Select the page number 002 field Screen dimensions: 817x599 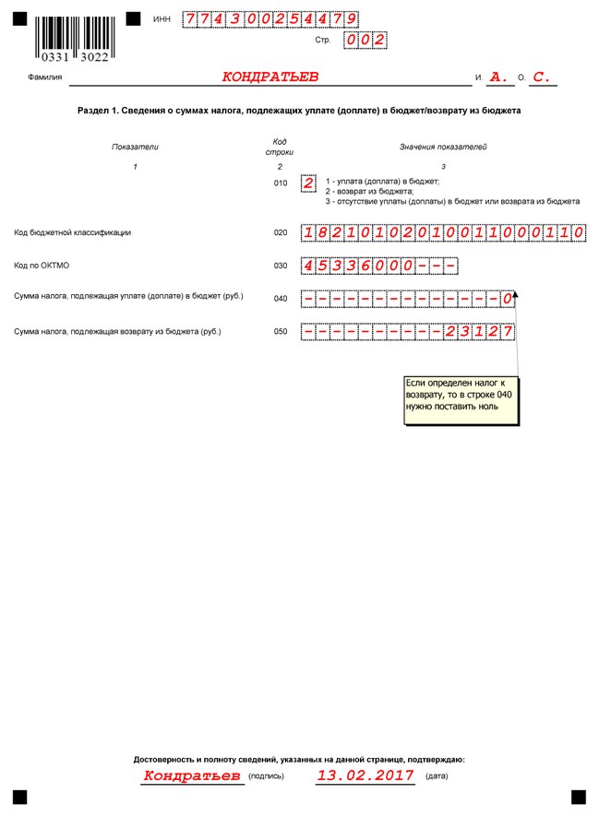(x=364, y=41)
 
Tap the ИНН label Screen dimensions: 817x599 (x=162, y=18)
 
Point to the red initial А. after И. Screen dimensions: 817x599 (x=499, y=77)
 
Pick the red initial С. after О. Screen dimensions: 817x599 (x=542, y=77)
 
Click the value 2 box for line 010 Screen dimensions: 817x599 (x=308, y=183)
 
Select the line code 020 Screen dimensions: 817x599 (x=281, y=233)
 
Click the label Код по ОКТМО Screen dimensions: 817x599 (x=42, y=266)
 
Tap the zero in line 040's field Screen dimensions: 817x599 (x=507, y=299)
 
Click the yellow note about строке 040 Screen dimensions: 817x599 (x=461, y=400)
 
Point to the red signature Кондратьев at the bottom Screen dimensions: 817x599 (x=192, y=776)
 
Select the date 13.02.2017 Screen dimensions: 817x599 (x=365, y=776)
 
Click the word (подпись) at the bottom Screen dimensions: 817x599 (x=267, y=777)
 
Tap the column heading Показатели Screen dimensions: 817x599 (x=136, y=147)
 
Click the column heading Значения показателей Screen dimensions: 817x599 (x=443, y=147)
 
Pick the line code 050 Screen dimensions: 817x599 (x=281, y=331)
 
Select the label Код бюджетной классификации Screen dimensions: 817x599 (x=73, y=233)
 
